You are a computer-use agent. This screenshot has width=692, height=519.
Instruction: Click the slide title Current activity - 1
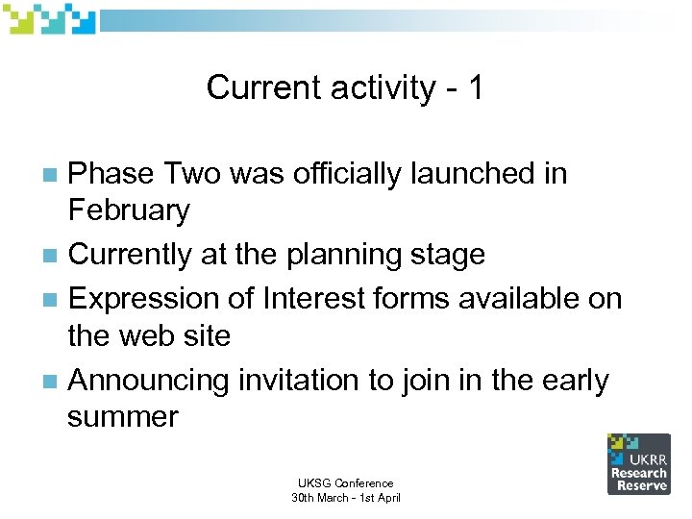click(345, 88)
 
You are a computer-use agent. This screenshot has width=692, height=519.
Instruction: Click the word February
click(129, 210)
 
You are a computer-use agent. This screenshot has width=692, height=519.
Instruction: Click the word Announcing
click(150, 381)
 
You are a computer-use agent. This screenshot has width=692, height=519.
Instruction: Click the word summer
click(122, 417)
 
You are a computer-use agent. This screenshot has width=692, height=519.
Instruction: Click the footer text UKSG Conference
click(345, 483)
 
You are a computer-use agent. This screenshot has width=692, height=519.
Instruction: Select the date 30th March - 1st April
click(345, 498)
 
